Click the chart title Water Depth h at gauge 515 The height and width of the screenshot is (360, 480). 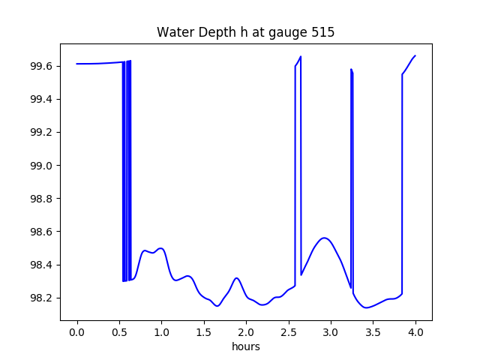(246, 32)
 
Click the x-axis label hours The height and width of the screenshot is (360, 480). (246, 347)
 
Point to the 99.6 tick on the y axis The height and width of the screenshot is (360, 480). (42, 67)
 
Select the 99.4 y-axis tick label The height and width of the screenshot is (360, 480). (42, 100)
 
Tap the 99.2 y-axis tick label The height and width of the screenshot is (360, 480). (42, 133)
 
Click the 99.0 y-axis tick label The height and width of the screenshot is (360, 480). (42, 166)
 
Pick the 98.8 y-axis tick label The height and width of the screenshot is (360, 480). (42, 199)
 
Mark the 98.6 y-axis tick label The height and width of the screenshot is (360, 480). (42, 232)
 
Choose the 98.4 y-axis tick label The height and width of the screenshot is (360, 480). (42, 265)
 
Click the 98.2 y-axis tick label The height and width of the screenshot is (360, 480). (42, 298)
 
